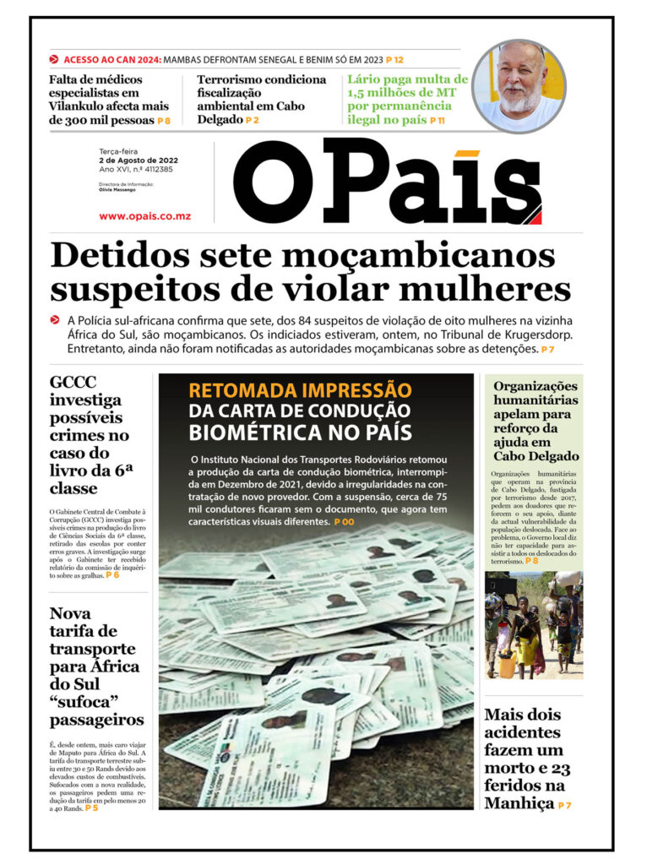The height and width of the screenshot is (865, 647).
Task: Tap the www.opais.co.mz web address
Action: [x=144, y=216]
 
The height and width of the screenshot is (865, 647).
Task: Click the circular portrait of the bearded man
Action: [x=518, y=85]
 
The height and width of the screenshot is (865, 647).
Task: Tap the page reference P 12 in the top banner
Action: [x=394, y=60]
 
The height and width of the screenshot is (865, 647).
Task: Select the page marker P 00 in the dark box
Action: [x=344, y=523]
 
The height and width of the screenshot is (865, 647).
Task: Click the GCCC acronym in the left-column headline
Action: [x=73, y=381]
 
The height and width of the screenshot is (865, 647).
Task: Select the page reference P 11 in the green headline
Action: [x=438, y=121]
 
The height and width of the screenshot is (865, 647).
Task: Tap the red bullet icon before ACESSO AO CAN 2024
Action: [x=54, y=60]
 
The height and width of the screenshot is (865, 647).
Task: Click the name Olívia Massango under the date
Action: [x=117, y=190]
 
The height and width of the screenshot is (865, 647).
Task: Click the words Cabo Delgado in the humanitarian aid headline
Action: [x=536, y=457]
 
